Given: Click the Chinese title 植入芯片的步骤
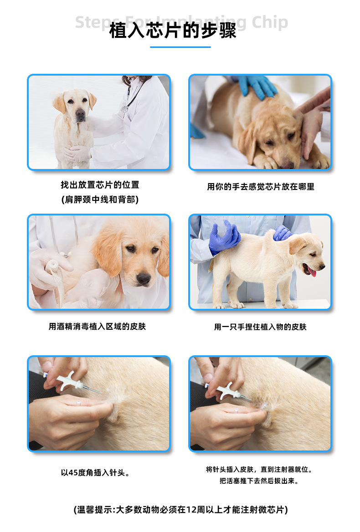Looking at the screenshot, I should (x=173, y=32).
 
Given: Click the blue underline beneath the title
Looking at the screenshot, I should (x=180, y=47).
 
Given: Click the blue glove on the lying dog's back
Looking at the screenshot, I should (x=258, y=85).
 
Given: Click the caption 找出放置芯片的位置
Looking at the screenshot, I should (x=100, y=185).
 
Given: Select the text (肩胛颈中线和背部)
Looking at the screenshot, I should (x=100, y=199).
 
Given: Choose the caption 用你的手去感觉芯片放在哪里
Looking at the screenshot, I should (x=261, y=187).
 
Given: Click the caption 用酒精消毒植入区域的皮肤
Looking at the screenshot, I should (x=97, y=327).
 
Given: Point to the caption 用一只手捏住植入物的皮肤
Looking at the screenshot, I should (x=260, y=327).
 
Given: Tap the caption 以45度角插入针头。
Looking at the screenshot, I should (x=96, y=473).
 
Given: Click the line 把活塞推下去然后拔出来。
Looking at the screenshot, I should (x=259, y=481).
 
